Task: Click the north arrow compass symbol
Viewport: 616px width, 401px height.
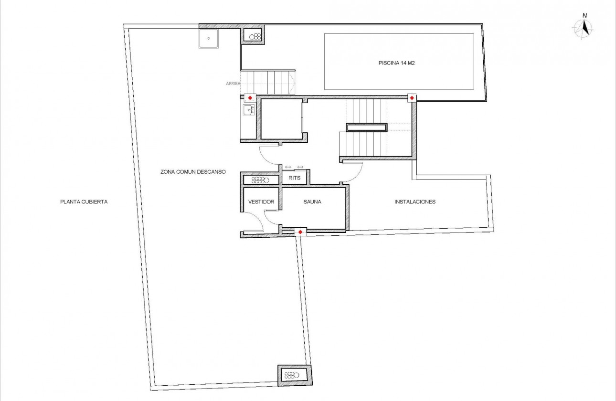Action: click(583, 28)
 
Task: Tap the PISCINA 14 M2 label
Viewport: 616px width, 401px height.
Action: click(398, 63)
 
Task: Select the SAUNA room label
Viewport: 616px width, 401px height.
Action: click(312, 202)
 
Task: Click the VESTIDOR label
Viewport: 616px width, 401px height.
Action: click(261, 202)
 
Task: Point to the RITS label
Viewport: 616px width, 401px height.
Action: click(295, 178)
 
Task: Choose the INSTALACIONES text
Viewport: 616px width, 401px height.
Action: click(415, 202)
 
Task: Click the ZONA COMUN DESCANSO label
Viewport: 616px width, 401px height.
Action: click(193, 172)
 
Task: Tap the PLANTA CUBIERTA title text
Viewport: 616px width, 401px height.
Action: click(84, 202)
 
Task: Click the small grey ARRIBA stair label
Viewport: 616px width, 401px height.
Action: click(233, 83)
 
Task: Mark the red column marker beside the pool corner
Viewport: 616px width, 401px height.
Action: click(412, 98)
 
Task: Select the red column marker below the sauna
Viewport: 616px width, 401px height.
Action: click(300, 232)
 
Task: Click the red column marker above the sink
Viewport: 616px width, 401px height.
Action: click(250, 98)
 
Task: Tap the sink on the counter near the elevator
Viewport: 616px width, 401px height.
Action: click(248, 111)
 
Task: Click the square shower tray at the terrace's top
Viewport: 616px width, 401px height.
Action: click(209, 39)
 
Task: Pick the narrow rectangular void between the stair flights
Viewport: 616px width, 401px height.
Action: click(367, 127)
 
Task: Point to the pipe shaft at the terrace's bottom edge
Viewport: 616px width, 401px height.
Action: click(294, 375)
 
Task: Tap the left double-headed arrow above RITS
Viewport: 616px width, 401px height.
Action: click(287, 167)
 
